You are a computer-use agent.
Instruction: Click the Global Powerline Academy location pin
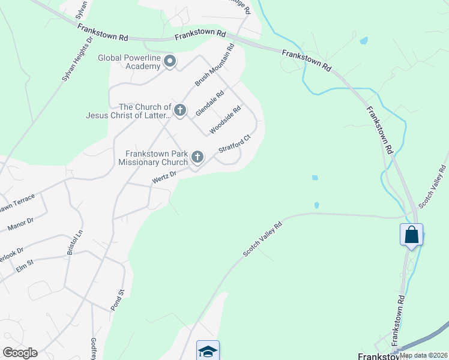pos(170,61)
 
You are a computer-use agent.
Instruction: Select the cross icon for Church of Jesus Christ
pos(180,110)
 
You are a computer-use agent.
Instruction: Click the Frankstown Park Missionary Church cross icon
pos(197,158)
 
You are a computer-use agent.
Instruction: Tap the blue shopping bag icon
pos(411,235)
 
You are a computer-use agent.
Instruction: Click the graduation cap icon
pos(208,351)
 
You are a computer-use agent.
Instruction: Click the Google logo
pos(20,353)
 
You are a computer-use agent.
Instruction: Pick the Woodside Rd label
pos(225,119)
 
